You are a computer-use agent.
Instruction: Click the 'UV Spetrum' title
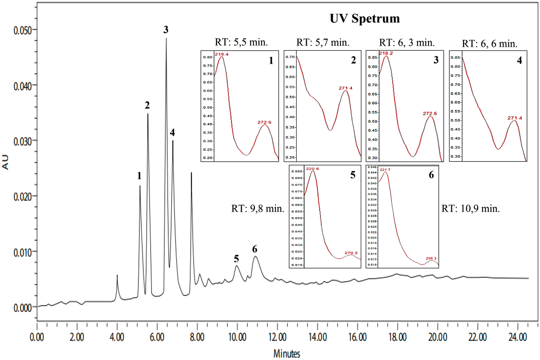tap(365, 19)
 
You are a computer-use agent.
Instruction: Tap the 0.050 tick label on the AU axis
tap(23, 30)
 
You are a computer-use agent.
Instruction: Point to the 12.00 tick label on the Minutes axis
tap(277, 337)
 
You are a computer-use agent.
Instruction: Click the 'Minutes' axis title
tap(287, 353)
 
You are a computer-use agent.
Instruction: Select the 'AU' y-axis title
tap(6, 162)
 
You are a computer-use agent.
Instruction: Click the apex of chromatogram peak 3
tap(166, 38)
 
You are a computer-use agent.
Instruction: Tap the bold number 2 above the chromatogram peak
tap(147, 105)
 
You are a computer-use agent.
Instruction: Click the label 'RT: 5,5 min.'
tap(241, 42)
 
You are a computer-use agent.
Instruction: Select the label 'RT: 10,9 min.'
tap(470, 209)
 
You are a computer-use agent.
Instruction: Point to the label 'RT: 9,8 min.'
tap(257, 209)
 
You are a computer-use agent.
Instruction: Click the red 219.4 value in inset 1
tap(221, 54)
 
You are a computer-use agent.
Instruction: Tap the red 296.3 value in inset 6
tap(431, 258)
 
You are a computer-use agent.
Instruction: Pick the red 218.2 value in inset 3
tap(386, 53)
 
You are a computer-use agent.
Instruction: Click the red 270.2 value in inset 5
tap(351, 253)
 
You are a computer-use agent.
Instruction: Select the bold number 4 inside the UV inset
tap(519, 61)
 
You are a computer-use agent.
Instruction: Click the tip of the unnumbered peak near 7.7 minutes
tap(191, 172)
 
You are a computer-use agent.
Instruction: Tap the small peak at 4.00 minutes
tap(117, 275)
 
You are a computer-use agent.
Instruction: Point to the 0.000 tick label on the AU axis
tap(23, 308)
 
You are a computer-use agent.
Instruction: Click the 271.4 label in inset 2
tap(345, 88)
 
